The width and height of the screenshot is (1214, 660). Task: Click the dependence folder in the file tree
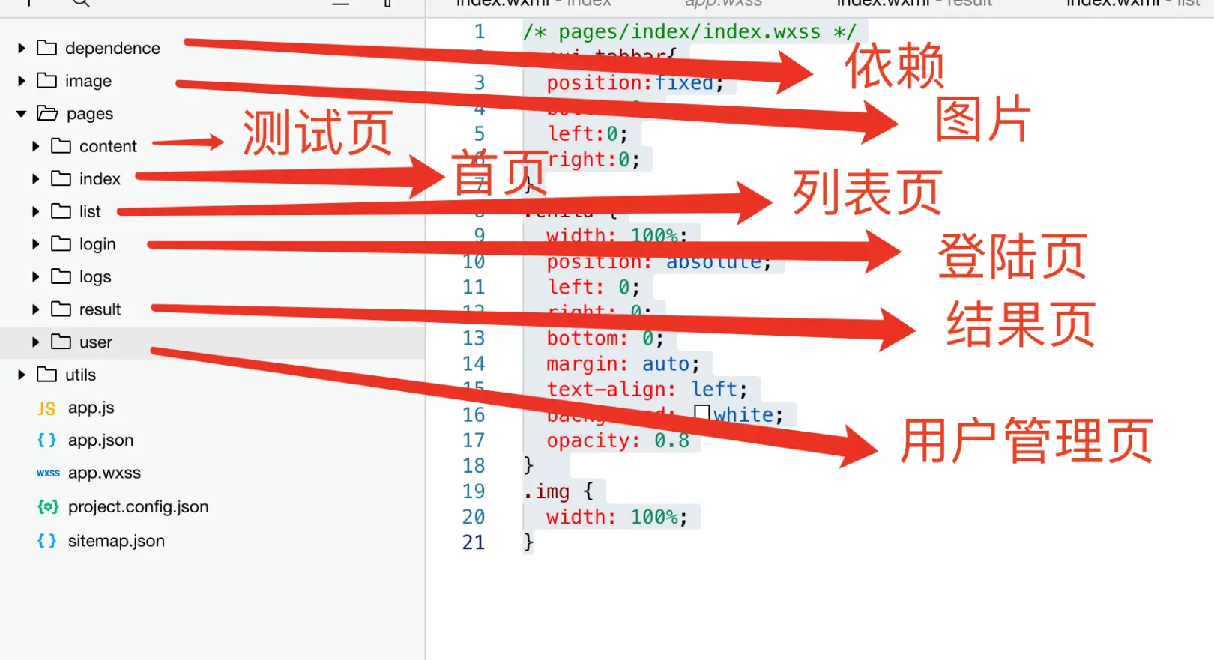click(x=112, y=49)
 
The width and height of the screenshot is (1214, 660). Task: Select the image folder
click(x=88, y=81)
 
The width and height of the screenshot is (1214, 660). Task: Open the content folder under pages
click(x=107, y=146)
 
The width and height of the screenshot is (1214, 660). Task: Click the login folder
click(x=97, y=244)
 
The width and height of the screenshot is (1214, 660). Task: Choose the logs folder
click(x=94, y=277)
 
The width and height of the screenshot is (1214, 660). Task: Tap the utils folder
click(x=79, y=375)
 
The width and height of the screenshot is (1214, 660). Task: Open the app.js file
click(x=91, y=408)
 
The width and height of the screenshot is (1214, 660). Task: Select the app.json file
click(x=100, y=440)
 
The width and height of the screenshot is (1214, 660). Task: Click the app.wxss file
click(x=104, y=473)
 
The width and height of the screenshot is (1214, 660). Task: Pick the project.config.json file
click(x=138, y=507)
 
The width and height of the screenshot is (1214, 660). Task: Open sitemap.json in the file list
click(x=115, y=541)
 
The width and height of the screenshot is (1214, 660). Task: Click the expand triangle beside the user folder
click(x=35, y=342)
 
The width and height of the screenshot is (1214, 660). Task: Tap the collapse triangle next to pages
click(x=21, y=114)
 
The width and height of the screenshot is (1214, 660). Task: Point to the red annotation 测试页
click(x=317, y=133)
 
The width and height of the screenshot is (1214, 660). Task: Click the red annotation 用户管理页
click(x=1026, y=440)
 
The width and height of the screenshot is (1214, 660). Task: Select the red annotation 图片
click(x=982, y=119)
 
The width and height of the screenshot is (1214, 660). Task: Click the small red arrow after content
click(x=188, y=142)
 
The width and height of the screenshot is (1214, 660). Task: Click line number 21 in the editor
click(x=474, y=542)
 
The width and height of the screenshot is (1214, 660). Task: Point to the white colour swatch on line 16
click(x=702, y=413)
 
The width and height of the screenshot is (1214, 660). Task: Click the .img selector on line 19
click(x=547, y=491)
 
